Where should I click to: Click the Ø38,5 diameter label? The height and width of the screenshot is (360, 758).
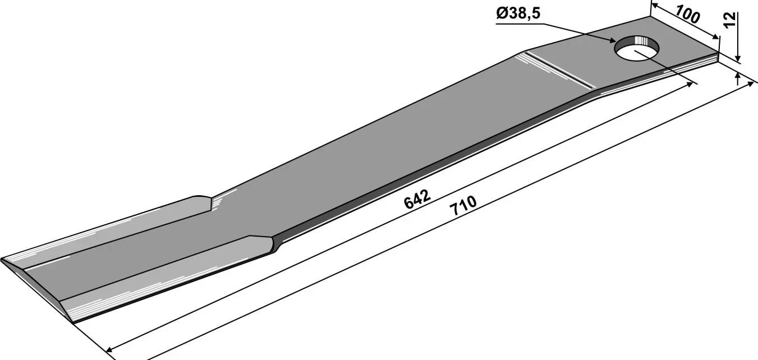518,13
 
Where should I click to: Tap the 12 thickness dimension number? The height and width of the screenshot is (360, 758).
730,20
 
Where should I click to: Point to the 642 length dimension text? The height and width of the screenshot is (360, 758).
417,199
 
